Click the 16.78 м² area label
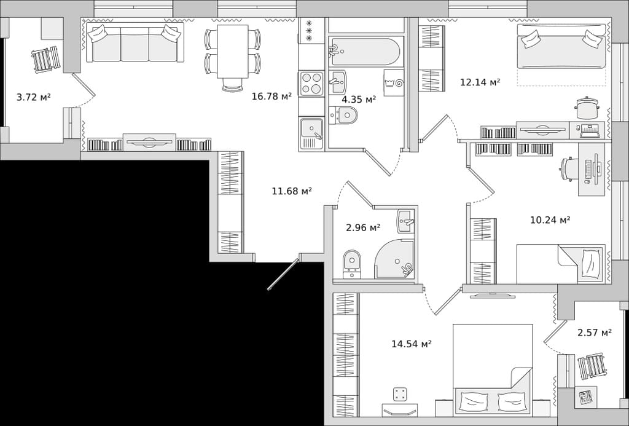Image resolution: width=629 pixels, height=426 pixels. tap(272, 97)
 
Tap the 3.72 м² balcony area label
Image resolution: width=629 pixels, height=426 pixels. tap(34, 97)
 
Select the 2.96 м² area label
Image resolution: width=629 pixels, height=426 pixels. tap(363, 228)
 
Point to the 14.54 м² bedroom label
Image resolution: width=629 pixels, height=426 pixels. tap(412, 344)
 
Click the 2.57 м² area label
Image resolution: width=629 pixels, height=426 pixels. tap(595, 333)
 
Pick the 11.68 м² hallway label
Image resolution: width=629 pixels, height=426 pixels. tap(292, 191)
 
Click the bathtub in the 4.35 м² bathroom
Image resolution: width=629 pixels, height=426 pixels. tap(364, 52)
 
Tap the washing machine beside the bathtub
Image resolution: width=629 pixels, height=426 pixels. tap(394, 83)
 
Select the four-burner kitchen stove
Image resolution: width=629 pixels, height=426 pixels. tap(311, 84)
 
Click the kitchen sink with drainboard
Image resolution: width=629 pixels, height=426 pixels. tap(311, 134)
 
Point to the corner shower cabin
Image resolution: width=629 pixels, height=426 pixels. tap(394, 259)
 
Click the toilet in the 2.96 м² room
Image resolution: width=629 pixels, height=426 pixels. tap(352, 264)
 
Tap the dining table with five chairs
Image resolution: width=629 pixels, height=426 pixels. tap(233, 56)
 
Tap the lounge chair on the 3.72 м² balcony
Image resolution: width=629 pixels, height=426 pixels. tap(47, 60)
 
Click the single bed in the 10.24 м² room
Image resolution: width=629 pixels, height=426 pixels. tap(561, 264)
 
